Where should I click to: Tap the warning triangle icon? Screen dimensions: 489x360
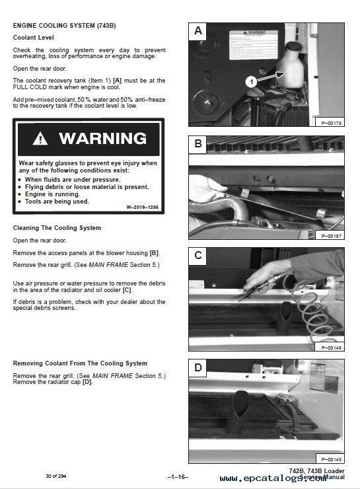coord(42,139)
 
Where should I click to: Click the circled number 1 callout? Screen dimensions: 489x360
coord(250,82)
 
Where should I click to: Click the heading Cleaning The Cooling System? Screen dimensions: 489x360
coord(57,228)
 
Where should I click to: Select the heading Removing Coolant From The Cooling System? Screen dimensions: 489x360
coord(81,363)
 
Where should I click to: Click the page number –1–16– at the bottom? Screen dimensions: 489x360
coord(179,476)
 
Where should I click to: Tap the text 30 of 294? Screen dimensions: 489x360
coord(57,476)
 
